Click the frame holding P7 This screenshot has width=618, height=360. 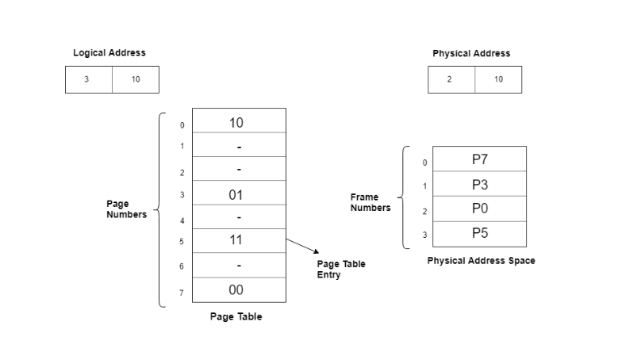(479, 159)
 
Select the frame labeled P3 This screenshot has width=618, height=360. (479, 185)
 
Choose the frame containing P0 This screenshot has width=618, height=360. (479, 209)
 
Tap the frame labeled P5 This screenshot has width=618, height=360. (479, 233)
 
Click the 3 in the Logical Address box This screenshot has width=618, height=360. (87, 79)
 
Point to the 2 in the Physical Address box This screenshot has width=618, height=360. (450, 79)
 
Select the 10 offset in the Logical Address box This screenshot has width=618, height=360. (136, 79)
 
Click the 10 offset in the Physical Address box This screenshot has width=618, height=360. (498, 79)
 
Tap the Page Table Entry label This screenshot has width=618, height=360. (341, 270)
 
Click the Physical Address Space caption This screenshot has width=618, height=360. (481, 260)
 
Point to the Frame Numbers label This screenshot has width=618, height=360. (370, 202)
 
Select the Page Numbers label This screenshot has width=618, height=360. (126, 209)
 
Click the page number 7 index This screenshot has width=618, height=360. (182, 293)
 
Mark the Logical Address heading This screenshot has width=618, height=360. (109, 53)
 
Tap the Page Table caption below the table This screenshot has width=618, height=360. (236, 317)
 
